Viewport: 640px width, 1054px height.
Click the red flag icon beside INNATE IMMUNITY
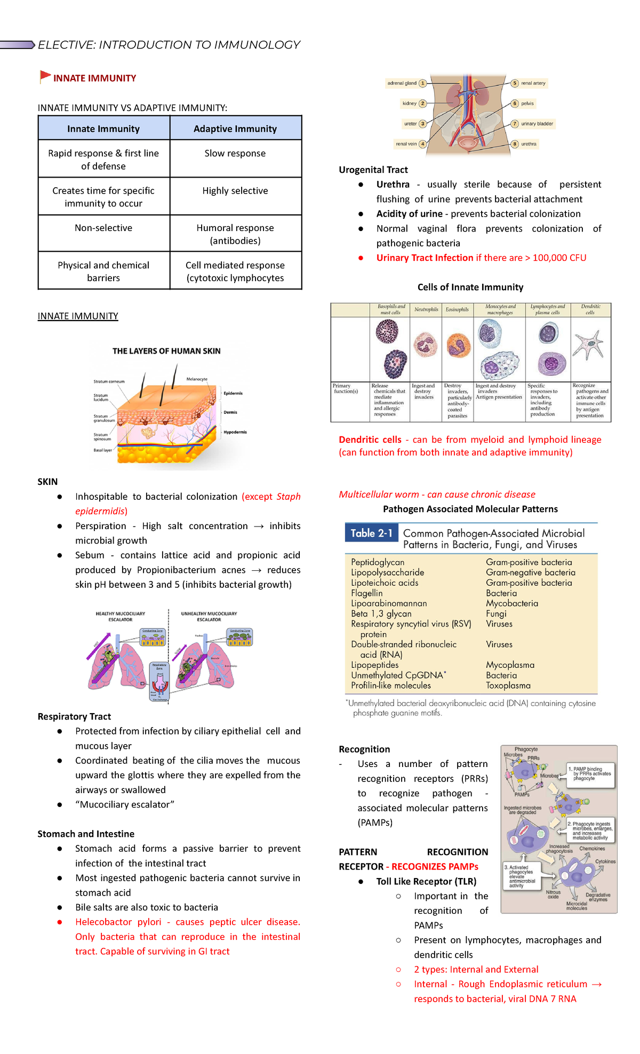(x=45, y=77)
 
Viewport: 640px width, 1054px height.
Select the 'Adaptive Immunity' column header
(x=235, y=129)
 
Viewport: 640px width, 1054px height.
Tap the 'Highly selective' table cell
(x=235, y=191)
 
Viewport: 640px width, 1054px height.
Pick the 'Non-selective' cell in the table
(x=103, y=228)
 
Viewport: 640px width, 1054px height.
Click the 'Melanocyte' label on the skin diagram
(x=197, y=379)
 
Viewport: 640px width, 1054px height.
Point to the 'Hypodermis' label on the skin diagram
(x=235, y=432)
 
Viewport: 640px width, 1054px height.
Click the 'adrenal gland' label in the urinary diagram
(x=402, y=83)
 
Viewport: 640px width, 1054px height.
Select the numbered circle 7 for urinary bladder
(x=515, y=124)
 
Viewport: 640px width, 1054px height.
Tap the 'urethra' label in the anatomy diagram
(x=529, y=144)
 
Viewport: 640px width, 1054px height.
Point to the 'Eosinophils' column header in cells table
(x=457, y=309)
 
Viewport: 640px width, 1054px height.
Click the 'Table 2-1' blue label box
(x=371, y=533)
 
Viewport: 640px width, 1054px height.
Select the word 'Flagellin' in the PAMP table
(x=366, y=593)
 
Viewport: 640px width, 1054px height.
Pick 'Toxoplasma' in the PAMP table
(x=508, y=686)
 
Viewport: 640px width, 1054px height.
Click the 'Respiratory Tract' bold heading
(x=74, y=717)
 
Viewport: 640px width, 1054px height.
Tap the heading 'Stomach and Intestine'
(x=86, y=834)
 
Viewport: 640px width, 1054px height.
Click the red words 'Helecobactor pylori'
(x=118, y=922)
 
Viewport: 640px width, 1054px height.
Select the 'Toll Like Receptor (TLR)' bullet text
(x=426, y=882)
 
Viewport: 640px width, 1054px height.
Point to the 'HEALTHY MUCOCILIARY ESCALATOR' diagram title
(x=120, y=617)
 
